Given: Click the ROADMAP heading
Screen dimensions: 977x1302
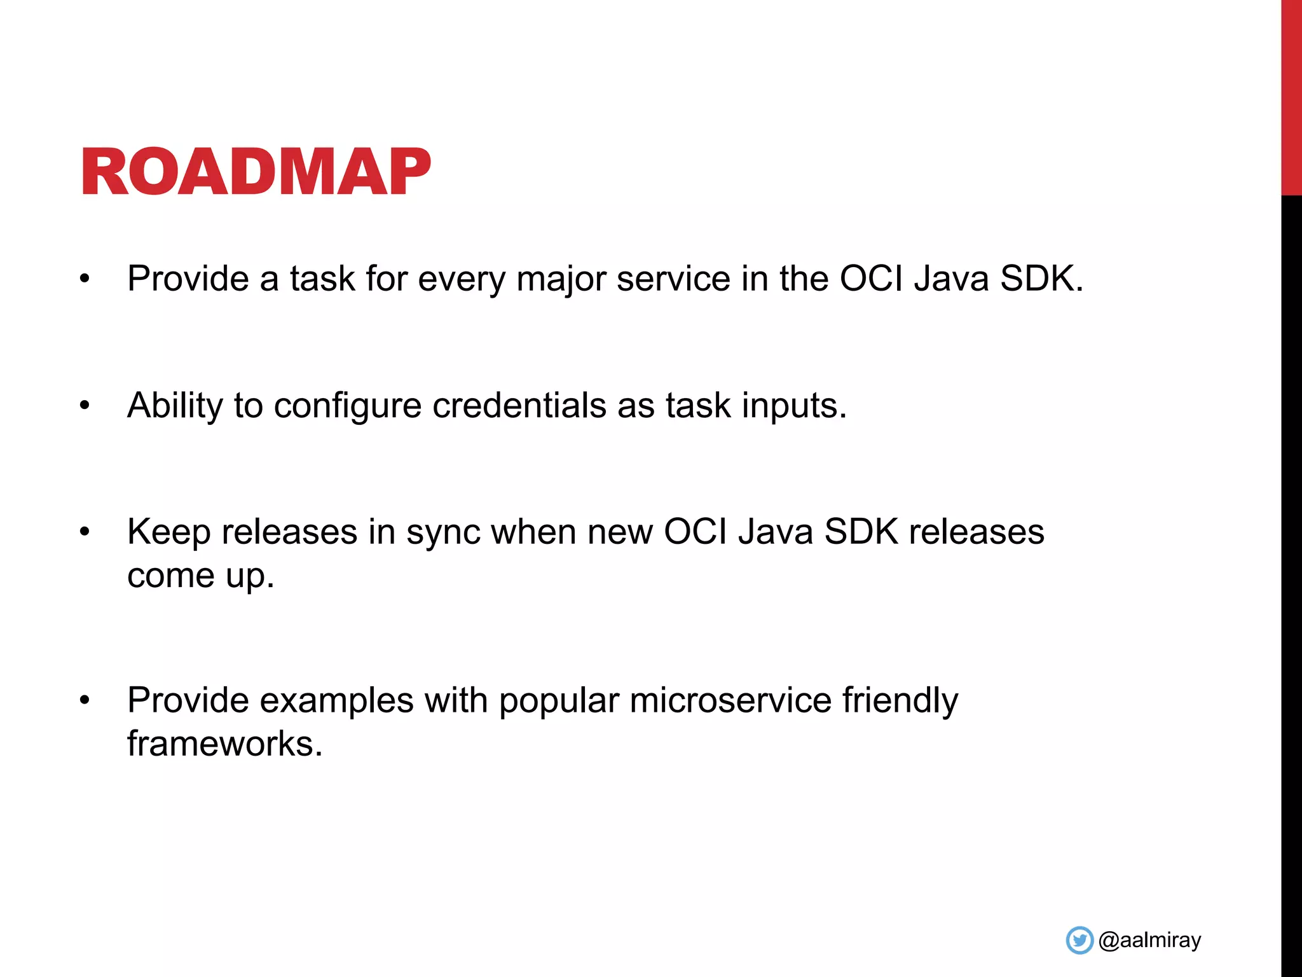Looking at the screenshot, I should pyautogui.click(x=256, y=172).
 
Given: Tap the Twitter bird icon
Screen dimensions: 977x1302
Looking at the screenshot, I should pyautogui.click(x=1079, y=940).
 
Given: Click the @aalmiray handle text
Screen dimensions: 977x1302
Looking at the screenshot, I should pyautogui.click(x=1149, y=940).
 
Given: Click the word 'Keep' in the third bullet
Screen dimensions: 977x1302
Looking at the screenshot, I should pyautogui.click(x=168, y=532).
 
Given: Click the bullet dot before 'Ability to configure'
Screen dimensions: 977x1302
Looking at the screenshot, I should pyautogui.click(x=85, y=406).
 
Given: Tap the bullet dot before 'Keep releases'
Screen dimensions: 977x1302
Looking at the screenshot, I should pyautogui.click(x=85, y=532).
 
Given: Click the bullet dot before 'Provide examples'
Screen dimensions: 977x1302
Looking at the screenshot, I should pyautogui.click(x=85, y=700).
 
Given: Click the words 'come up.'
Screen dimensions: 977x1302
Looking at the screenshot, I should pyautogui.click(x=200, y=576).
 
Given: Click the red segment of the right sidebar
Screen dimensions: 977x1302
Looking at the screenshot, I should pyautogui.click(x=1291, y=95).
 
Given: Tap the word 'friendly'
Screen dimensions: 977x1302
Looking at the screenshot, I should pyautogui.click(x=900, y=700).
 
